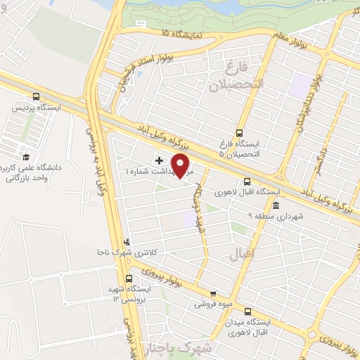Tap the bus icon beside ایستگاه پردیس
tap(37, 98)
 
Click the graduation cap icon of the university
tap(27, 157)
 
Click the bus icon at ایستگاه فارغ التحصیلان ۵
tap(239, 132)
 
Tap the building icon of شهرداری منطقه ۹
tap(276, 206)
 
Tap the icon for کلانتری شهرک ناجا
tap(127, 241)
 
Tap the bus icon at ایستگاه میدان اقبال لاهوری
tap(247, 312)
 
